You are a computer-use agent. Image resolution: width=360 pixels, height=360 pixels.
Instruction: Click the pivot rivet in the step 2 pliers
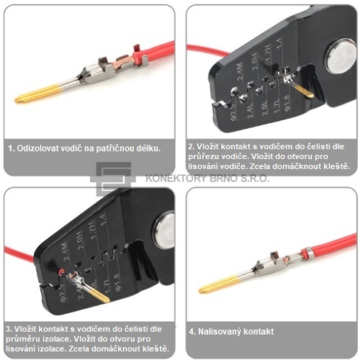coord(341,56)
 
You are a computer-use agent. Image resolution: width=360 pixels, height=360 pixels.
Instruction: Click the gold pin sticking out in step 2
coord(303,91)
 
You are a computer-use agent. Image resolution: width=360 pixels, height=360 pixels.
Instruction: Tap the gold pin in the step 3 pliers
coord(99,293)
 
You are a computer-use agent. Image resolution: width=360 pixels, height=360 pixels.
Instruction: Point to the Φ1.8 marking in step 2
coord(288,103)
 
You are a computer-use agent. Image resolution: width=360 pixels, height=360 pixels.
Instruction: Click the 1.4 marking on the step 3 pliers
coord(103,219)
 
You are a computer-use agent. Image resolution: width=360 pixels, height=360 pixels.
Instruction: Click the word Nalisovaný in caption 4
coord(219,332)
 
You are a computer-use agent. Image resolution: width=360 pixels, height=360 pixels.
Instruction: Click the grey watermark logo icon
coord(113,179)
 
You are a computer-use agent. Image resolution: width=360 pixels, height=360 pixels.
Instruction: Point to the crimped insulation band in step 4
coord(306,253)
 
